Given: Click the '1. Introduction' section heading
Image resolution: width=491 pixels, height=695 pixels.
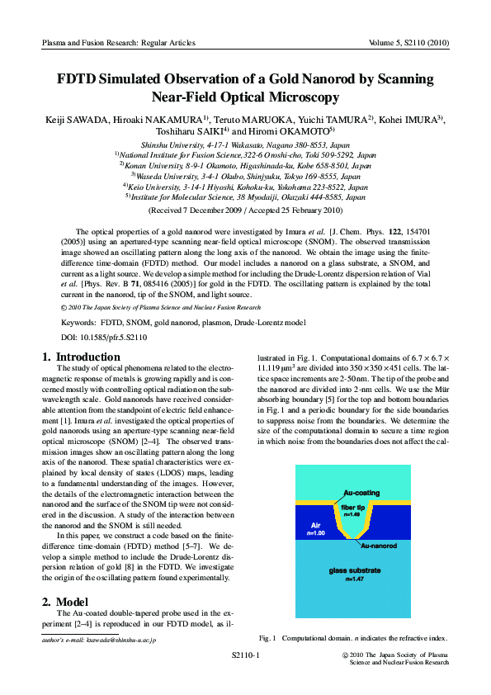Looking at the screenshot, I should click(x=81, y=357).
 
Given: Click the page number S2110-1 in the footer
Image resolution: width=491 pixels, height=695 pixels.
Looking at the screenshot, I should click(x=245, y=655).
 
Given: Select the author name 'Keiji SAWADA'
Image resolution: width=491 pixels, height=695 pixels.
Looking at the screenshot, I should click(x=78, y=120).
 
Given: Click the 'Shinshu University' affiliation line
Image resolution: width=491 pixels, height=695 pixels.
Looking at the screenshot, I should click(x=244, y=144).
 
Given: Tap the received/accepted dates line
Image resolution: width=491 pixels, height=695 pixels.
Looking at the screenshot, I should click(x=245, y=210).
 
